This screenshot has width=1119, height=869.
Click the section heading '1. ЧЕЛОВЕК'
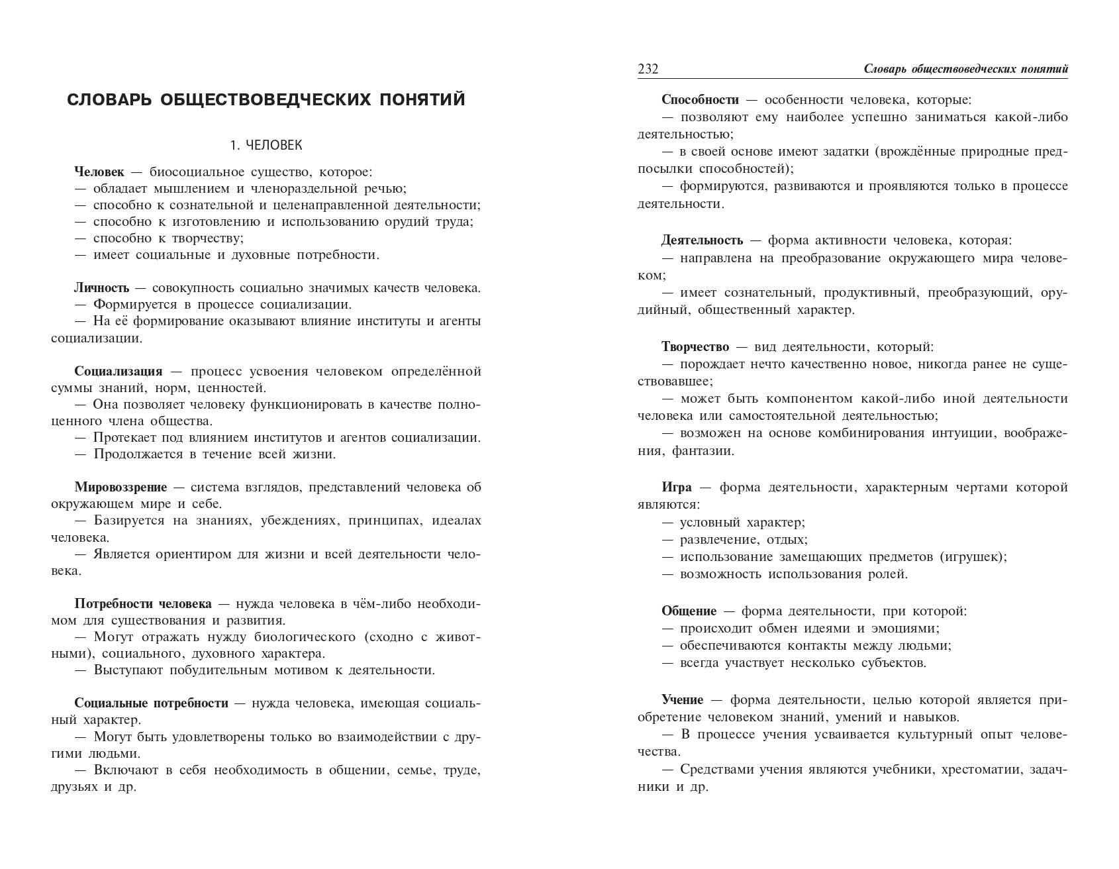point(266,145)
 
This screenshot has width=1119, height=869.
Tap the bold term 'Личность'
point(102,288)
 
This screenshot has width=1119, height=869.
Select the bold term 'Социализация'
point(119,371)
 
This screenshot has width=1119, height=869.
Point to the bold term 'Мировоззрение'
point(121,487)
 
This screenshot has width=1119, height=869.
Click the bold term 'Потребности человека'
point(143,604)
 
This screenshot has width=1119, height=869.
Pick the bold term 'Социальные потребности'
point(151,703)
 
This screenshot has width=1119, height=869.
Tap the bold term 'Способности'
point(700,100)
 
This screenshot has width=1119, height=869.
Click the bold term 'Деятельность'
point(702,240)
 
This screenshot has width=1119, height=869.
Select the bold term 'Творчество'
point(695,347)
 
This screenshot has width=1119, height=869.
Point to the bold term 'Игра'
point(677,487)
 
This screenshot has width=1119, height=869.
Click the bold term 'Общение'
point(689,611)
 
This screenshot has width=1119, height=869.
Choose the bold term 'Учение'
point(683,700)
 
